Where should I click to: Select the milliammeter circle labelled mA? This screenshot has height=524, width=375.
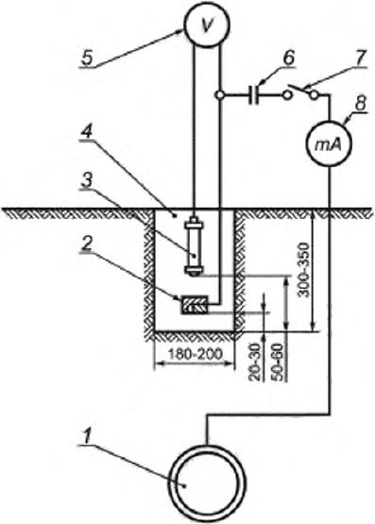[x=329, y=145]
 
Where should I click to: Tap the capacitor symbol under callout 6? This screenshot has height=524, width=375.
[x=254, y=95]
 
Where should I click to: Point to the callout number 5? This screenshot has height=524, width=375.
[x=87, y=58]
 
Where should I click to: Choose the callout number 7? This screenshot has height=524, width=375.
[x=360, y=59]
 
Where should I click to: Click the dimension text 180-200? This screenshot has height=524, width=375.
[x=196, y=353]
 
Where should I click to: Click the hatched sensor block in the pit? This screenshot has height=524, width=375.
[x=196, y=304]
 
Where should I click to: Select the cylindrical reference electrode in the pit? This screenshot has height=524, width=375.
[x=194, y=246]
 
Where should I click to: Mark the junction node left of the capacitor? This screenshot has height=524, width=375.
[x=219, y=95]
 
